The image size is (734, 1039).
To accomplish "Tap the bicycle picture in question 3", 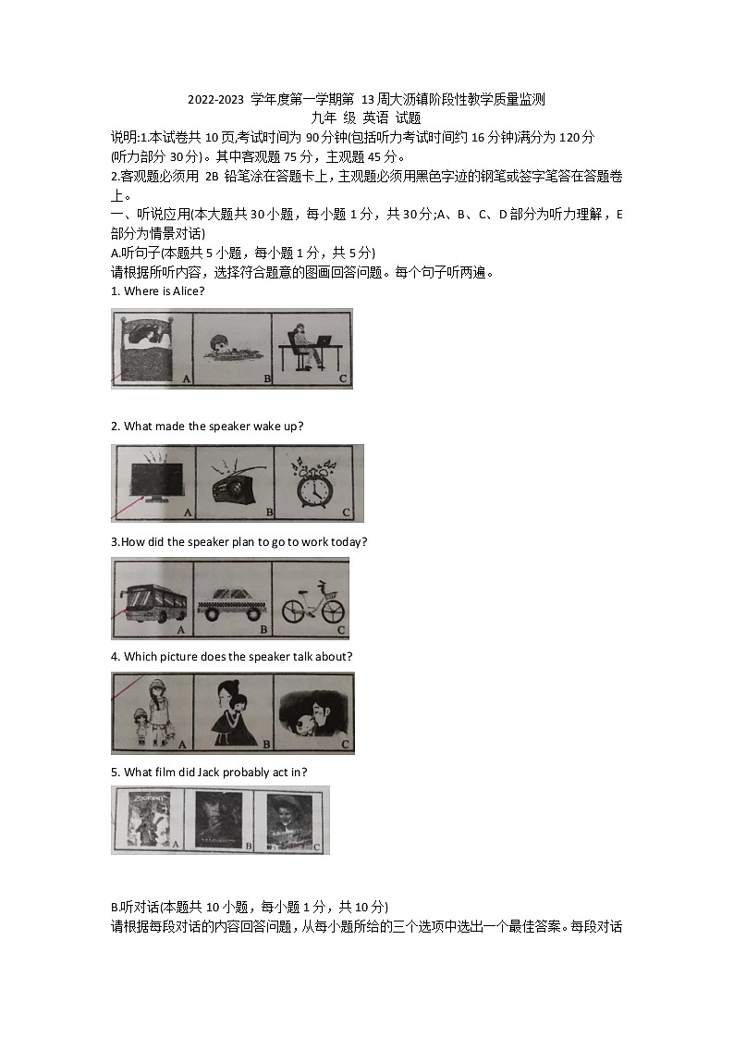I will [312, 601].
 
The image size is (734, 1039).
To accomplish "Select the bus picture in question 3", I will [153, 601].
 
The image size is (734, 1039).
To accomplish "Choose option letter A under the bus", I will [180, 629].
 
